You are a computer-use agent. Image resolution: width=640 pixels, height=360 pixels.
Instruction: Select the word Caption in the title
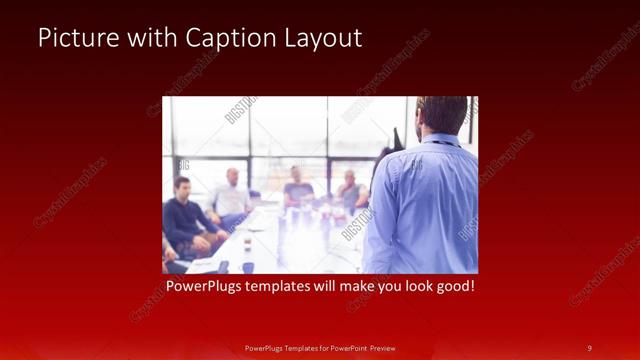[x=222, y=39]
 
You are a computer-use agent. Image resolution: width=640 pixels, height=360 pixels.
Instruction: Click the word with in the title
[x=149, y=39]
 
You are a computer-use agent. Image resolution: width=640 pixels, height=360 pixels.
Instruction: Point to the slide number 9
[x=589, y=347]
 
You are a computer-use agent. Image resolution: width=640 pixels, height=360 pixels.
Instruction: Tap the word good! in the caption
[x=452, y=287]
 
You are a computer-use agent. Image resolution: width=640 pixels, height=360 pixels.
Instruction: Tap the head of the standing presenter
[x=443, y=112]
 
